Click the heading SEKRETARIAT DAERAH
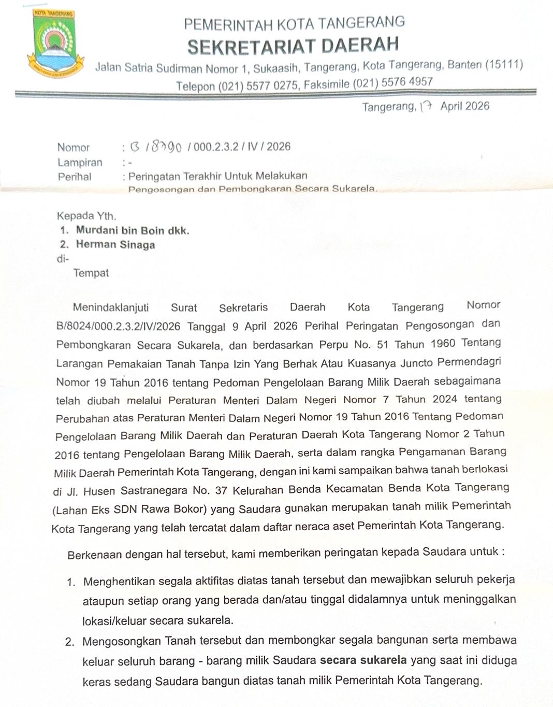(x=293, y=46)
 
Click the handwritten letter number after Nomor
(x=155, y=148)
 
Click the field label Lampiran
(x=80, y=163)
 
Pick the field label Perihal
(x=75, y=177)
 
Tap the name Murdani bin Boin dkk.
(x=133, y=230)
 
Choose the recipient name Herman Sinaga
(x=115, y=245)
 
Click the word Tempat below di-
(x=91, y=273)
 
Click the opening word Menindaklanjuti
(x=111, y=307)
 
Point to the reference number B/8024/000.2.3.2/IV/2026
(x=118, y=327)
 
